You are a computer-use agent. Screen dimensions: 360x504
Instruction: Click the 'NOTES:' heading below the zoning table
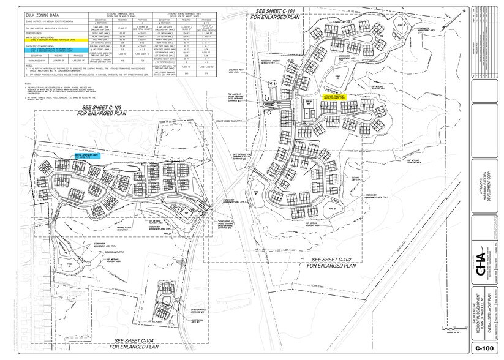point(28,83)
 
